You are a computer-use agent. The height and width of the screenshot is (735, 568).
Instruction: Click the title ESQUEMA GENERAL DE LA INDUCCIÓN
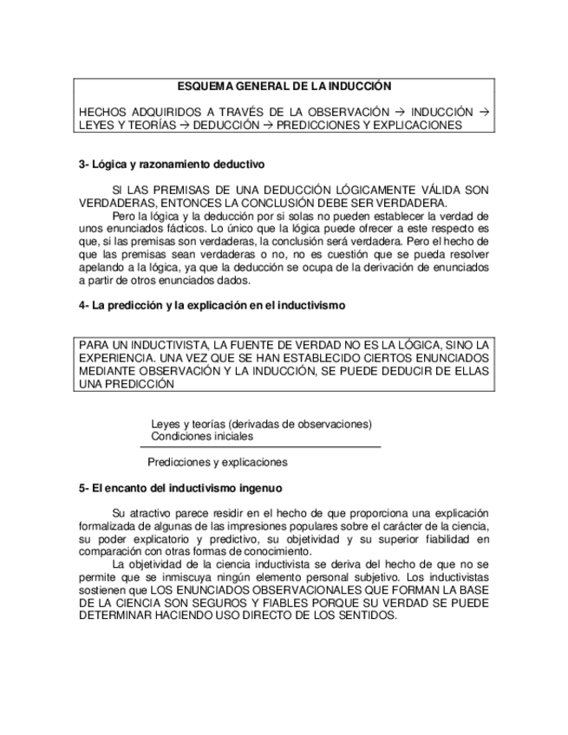(x=284, y=87)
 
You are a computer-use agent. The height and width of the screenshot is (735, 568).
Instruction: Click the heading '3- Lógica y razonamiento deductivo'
(x=172, y=164)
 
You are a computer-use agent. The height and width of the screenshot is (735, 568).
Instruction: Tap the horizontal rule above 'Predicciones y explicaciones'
(x=261, y=447)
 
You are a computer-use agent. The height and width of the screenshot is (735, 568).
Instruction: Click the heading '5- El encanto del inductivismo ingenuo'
(x=180, y=488)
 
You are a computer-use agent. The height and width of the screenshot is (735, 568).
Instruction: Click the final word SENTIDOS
(x=363, y=615)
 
